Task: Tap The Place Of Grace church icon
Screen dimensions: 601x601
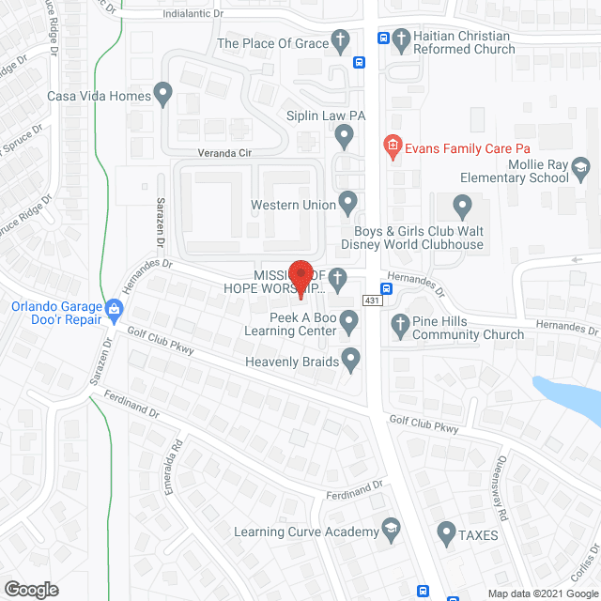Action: (344, 42)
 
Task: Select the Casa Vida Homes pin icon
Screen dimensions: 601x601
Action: (163, 95)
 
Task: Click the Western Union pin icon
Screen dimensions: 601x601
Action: (348, 203)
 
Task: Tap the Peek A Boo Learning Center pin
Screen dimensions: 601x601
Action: (349, 323)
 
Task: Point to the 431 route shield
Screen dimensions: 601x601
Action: (374, 300)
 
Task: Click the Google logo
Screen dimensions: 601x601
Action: (31, 589)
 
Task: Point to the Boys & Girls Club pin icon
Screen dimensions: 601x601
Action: (462, 206)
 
